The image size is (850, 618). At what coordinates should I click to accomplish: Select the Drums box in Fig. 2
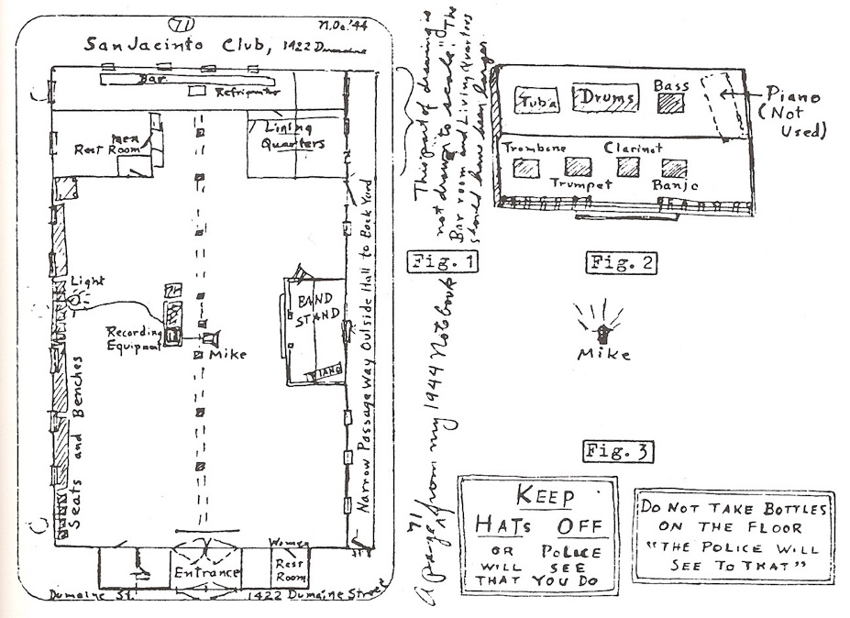tap(606, 98)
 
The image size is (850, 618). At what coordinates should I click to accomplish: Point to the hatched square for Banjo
tap(674, 168)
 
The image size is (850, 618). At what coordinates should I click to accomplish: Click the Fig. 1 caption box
tap(442, 264)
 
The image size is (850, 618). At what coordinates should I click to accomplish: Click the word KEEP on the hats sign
tap(544, 497)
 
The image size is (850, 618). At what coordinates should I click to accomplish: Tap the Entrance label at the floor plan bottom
tap(206, 573)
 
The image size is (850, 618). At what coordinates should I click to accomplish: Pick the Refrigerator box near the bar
tap(196, 91)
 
